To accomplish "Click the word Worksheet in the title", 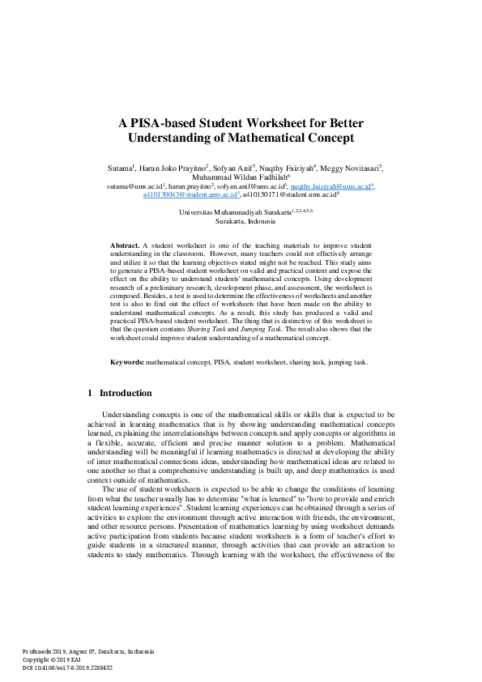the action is click(255, 123).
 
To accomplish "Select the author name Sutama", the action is click(120, 168).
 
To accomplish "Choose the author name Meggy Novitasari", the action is click(351, 168).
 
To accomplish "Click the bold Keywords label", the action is click(128, 340).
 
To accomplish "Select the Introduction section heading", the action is click(126, 393).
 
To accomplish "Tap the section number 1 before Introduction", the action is click(90, 393).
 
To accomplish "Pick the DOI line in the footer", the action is click(67, 667).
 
